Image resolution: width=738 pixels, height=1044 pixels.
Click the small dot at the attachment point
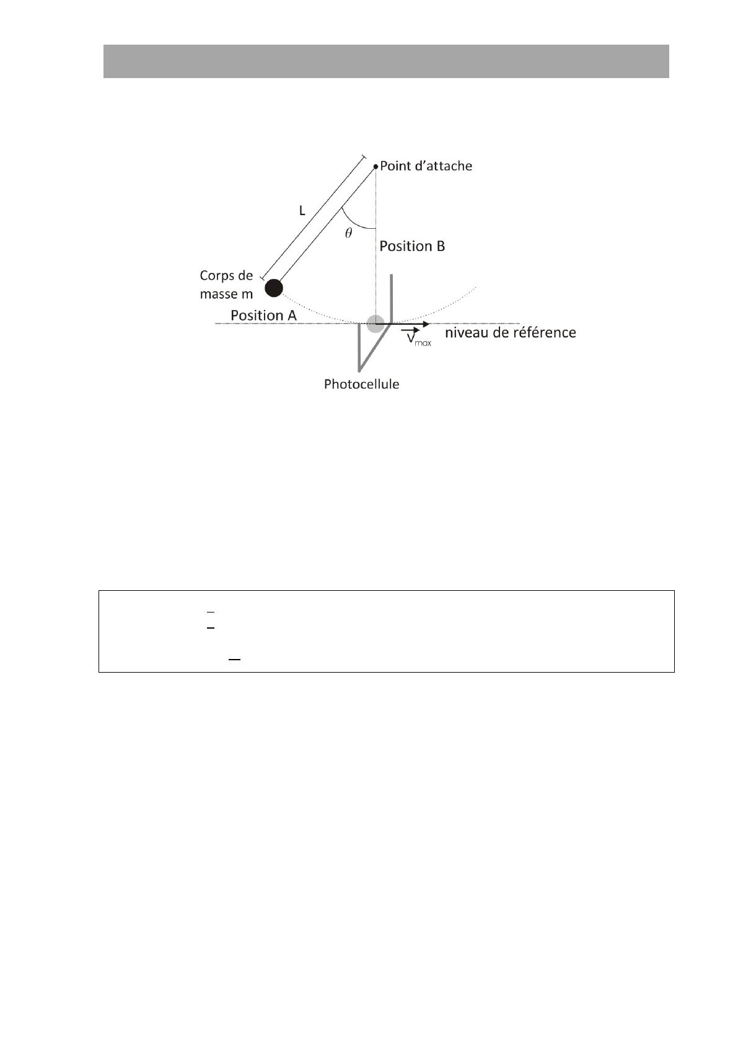point(376,166)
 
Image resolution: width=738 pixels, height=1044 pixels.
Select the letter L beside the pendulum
point(302,211)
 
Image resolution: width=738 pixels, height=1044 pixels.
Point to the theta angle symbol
point(348,233)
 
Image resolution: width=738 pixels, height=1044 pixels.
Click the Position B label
point(412,246)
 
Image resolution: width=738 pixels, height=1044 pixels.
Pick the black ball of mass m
point(274,288)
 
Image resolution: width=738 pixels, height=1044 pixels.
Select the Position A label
point(264,316)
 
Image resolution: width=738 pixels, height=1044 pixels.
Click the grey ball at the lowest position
point(376,324)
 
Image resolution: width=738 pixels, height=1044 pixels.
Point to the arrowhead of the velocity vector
point(426,324)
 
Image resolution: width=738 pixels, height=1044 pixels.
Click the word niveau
point(467,332)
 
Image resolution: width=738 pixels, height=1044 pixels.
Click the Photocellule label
point(361,384)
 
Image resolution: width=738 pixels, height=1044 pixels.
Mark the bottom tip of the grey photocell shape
point(359,371)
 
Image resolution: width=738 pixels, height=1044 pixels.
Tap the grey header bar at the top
point(386,61)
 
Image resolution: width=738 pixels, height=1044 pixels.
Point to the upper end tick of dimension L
point(363,157)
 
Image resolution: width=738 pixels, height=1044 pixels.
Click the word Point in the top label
point(395,166)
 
